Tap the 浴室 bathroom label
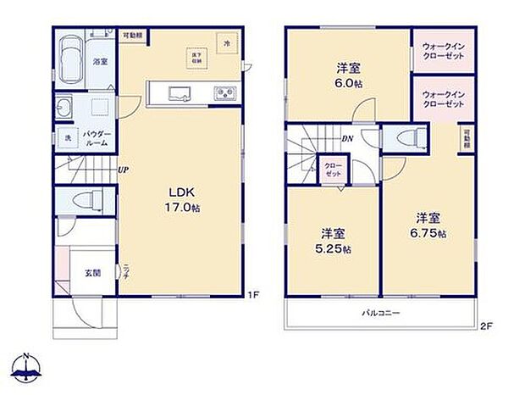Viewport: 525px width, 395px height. pos(100,62)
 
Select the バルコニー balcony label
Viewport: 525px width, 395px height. pos(381,313)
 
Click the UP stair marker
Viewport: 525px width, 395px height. pos(124,170)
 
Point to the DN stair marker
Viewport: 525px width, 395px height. pos(347,139)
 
